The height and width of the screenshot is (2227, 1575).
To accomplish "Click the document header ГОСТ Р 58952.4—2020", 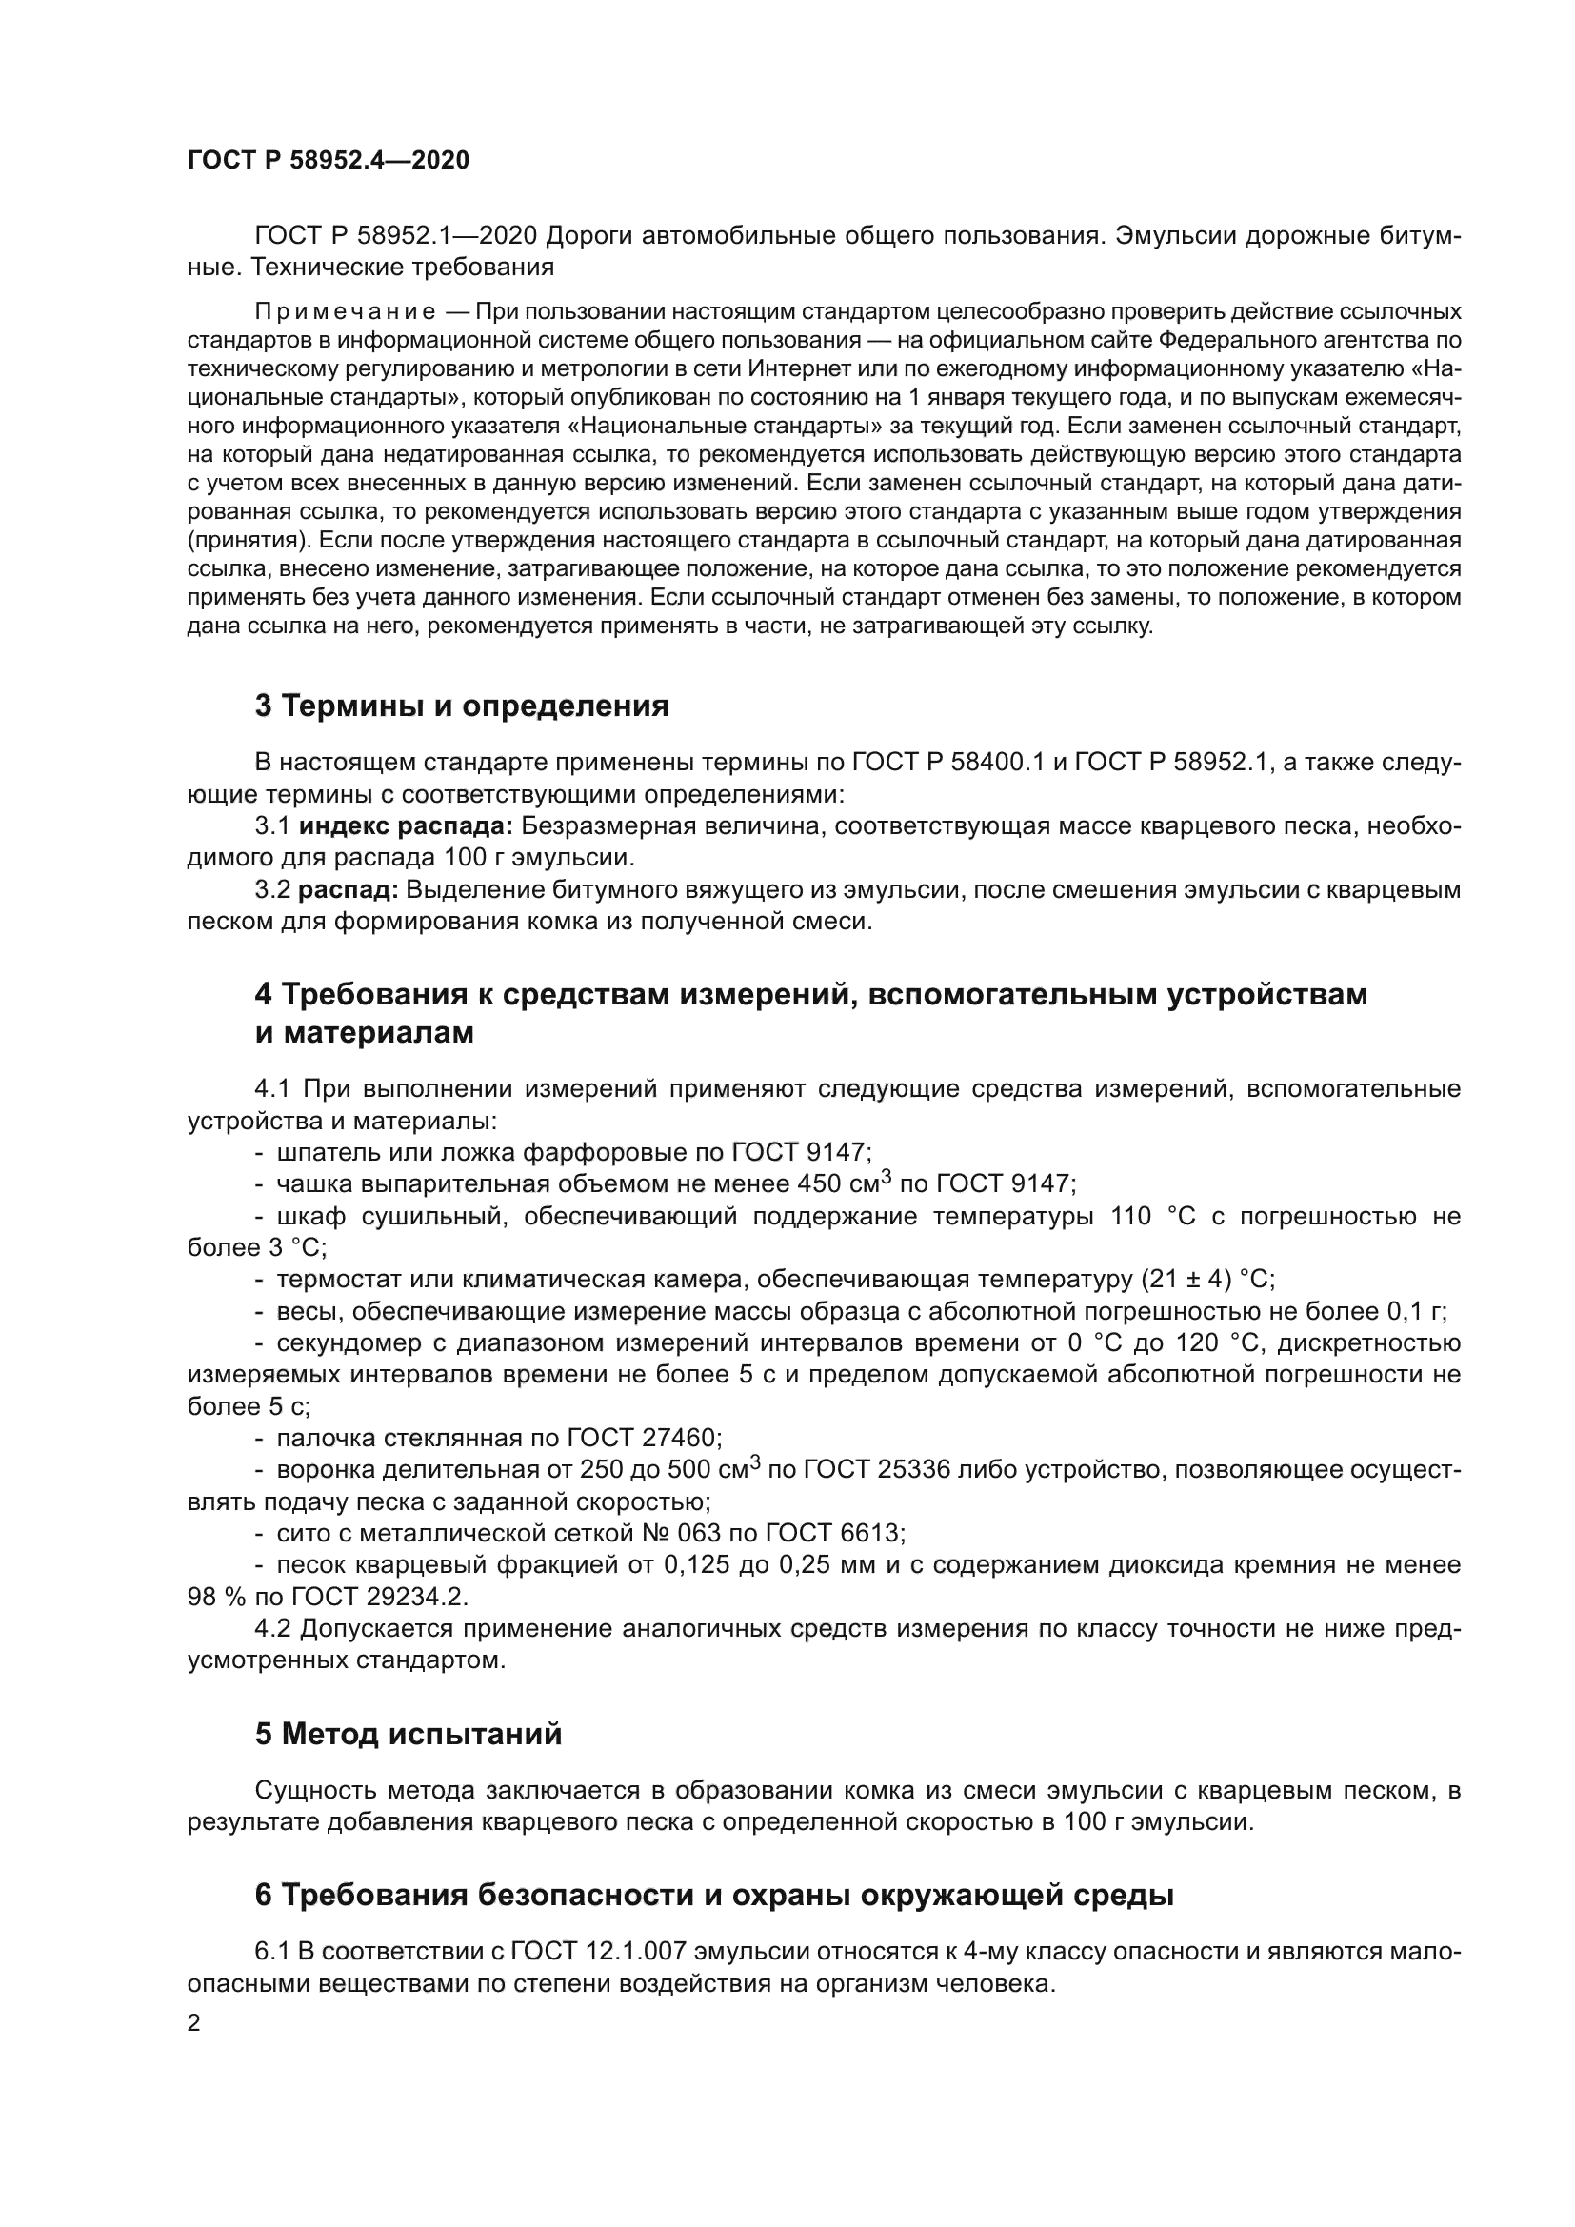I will [x=328, y=161].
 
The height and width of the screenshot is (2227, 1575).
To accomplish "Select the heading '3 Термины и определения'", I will [x=462, y=706].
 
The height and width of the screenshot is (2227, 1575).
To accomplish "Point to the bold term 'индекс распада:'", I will [x=406, y=826].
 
